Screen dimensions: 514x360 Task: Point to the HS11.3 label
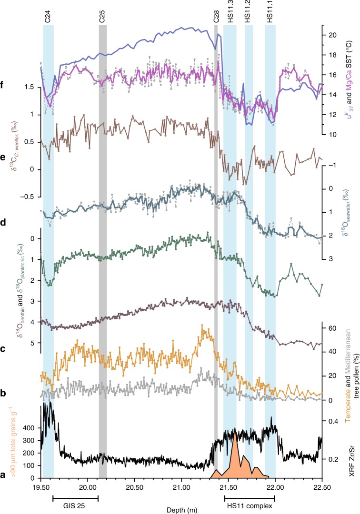(230, 13)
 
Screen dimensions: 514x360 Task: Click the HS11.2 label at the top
(249, 13)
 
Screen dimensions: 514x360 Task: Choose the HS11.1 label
(270, 13)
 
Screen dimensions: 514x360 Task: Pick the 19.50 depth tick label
(41, 488)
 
